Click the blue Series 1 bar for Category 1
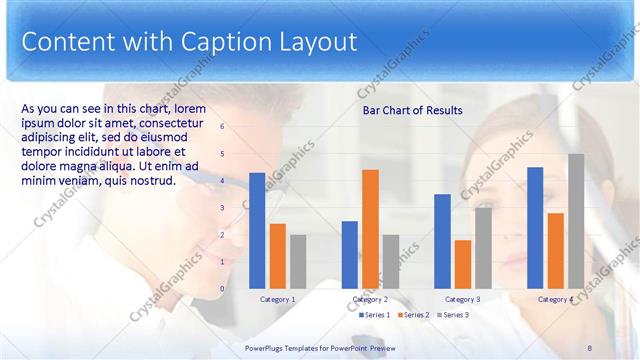pyautogui.click(x=257, y=231)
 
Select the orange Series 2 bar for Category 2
pyautogui.click(x=370, y=229)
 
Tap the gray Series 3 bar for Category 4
pyautogui.click(x=576, y=221)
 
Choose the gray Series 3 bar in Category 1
pyautogui.click(x=298, y=262)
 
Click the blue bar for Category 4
pyautogui.click(x=535, y=228)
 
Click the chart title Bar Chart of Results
pyautogui.click(x=412, y=109)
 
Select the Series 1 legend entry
pyautogui.click(x=374, y=315)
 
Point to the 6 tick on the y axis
pyautogui.click(x=222, y=127)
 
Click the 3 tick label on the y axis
pyautogui.click(x=222, y=208)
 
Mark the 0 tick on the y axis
pyautogui.click(x=222, y=289)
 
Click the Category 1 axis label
pyautogui.click(x=277, y=299)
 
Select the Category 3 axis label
pyautogui.click(x=462, y=299)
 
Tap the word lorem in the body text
pyautogui.click(x=190, y=108)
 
